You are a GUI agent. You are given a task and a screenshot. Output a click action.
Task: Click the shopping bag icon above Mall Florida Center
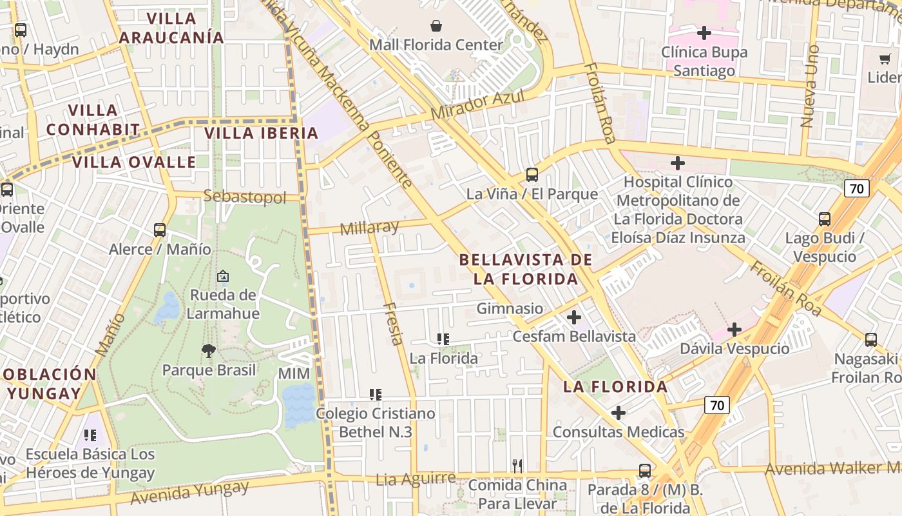436,26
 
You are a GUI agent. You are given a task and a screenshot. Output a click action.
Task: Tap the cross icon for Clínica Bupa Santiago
704,32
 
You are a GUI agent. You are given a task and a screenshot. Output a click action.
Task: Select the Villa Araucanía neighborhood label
171,28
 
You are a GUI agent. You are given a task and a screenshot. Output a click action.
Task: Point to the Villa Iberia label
261,134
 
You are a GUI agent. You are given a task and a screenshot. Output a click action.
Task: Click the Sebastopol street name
244,197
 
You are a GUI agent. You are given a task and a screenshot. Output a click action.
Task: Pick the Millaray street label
369,228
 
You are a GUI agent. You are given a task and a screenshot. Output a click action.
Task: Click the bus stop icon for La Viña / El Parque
532,174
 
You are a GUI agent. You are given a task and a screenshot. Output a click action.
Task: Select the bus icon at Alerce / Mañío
160,230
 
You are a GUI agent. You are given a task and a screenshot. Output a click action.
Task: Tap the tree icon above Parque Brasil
208,351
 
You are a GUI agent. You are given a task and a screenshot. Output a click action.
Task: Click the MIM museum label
294,374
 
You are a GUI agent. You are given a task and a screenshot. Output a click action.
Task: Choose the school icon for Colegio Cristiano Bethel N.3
376,394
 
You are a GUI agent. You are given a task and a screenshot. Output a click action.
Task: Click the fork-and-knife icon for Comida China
517,466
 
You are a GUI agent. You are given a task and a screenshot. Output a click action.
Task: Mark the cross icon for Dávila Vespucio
734,330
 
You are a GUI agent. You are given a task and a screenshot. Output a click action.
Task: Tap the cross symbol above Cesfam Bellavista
573,317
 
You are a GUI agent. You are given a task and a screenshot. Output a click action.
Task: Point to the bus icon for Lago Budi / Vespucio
825,219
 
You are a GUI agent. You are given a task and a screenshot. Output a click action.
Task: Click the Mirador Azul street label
477,105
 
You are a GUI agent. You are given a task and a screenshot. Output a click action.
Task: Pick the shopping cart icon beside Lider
885,59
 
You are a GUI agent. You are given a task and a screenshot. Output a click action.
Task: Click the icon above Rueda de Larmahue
223,276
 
